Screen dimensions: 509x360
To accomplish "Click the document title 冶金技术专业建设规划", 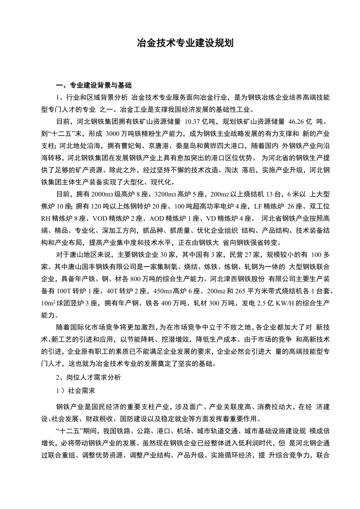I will [185, 43].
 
